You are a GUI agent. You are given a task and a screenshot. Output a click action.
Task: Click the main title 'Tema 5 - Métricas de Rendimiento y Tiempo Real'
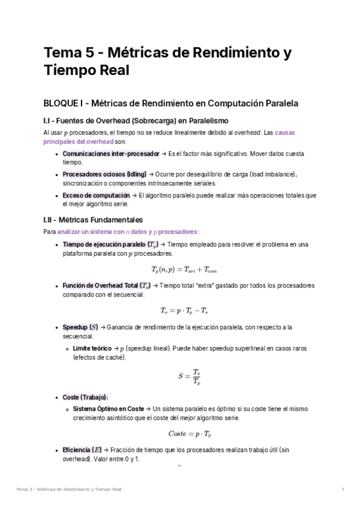pos(167,62)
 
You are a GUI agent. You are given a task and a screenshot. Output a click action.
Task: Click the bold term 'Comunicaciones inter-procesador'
pos(111,154)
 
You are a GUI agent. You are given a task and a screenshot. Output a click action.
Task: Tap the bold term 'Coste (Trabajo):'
pos(85,397)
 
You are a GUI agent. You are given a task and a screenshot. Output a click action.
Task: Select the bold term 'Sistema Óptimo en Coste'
pos(108,408)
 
